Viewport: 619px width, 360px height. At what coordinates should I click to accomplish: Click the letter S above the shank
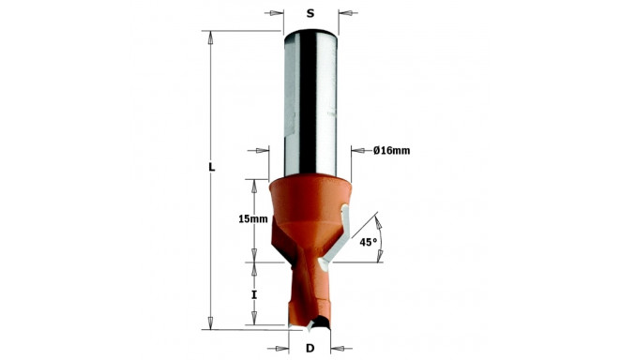pos(310,13)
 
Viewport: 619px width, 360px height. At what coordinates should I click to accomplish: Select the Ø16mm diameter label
pos(391,151)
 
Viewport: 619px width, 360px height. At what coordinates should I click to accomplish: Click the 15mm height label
pos(253,218)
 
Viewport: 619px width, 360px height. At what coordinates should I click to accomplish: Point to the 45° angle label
pos(369,241)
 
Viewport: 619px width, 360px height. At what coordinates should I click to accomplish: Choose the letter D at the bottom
pos(310,349)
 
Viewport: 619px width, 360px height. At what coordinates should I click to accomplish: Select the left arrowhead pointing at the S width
pos(278,13)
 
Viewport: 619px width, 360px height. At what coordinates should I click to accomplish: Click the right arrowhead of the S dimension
pos(344,13)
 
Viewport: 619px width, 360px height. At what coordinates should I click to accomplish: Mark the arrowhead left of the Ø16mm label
pos(357,150)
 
